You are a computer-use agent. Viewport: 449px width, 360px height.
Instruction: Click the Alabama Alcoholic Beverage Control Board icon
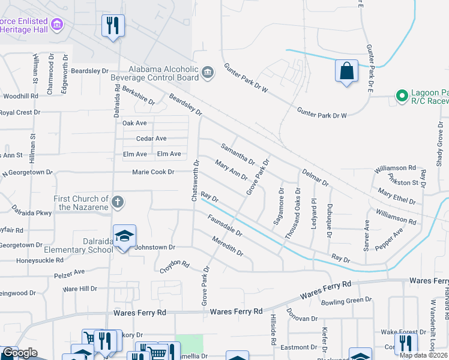(208, 73)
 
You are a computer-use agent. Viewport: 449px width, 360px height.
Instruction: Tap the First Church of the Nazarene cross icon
(118, 202)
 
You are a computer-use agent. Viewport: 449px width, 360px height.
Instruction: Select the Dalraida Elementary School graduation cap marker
(124, 237)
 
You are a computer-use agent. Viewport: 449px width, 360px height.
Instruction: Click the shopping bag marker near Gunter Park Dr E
(346, 71)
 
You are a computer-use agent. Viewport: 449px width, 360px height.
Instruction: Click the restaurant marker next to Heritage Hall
(112, 26)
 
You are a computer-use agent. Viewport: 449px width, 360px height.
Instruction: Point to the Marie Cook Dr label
(153, 172)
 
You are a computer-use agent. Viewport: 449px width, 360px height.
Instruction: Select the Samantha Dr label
(238, 154)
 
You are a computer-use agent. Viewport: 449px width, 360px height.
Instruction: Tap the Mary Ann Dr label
(231, 170)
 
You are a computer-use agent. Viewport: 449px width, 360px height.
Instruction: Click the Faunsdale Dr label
(224, 226)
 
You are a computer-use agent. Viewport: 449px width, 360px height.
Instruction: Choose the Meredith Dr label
(228, 246)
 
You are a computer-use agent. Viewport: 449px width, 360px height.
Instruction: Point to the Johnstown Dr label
(154, 247)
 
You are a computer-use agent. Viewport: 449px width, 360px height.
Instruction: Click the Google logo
(20, 353)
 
